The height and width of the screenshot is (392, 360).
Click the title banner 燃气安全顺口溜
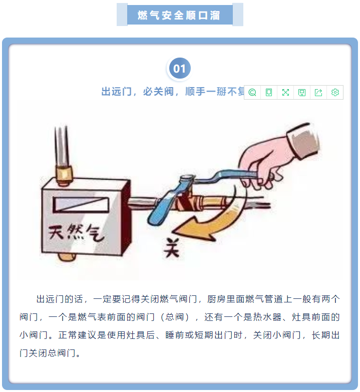coord(180,15)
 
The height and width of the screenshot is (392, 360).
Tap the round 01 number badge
coord(179,68)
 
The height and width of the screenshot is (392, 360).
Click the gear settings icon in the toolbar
coord(335,92)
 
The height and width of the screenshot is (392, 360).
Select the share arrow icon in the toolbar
coord(318,92)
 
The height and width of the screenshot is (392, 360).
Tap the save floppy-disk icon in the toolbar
coord(302,92)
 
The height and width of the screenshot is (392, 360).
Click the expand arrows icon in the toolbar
coord(285,92)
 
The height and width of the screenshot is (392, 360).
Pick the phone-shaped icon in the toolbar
coord(269,92)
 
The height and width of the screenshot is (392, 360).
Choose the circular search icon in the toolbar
coord(252,92)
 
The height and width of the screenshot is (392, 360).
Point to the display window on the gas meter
coord(81,205)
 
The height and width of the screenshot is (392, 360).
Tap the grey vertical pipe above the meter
coord(62,146)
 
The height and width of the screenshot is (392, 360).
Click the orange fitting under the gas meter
coord(67,257)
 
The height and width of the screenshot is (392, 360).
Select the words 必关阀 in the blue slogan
coord(159,92)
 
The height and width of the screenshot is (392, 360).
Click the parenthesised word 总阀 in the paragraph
coord(175,317)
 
